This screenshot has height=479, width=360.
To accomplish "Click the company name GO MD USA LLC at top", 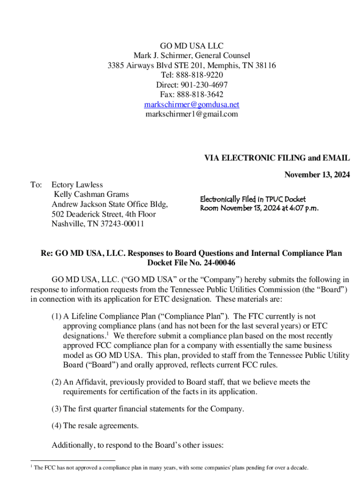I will (192, 46).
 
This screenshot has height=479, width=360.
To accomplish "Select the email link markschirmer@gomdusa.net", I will (192, 104).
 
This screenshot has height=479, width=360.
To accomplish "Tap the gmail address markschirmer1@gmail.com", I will (192, 114).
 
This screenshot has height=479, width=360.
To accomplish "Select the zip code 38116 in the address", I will (265, 65).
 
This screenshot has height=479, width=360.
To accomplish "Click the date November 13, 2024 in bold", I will (317, 175).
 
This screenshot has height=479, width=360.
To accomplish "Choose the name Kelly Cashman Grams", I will (91, 194).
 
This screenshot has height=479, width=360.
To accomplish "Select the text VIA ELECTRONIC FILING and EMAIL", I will (277, 159).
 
